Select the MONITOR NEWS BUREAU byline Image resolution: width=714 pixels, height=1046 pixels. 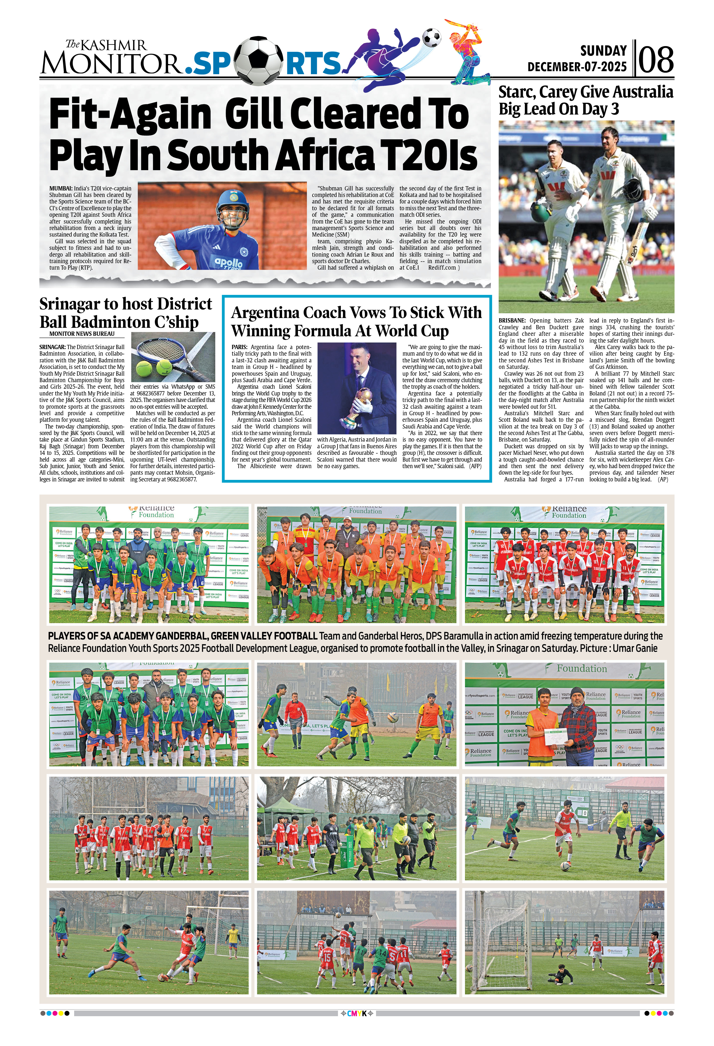tap(82, 334)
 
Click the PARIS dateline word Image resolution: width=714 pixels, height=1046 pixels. tap(239, 347)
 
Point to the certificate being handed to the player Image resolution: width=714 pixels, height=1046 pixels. tap(556, 737)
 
